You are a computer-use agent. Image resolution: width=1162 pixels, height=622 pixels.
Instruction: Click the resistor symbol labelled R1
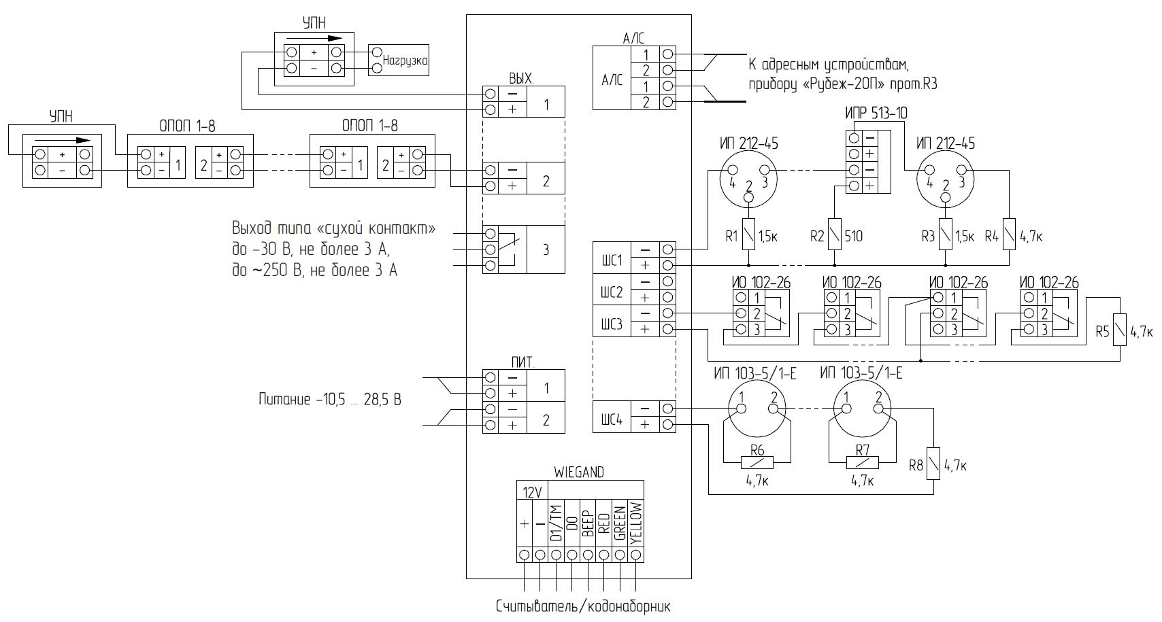click(x=748, y=235)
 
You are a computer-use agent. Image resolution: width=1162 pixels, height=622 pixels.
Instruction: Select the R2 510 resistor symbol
click(x=833, y=235)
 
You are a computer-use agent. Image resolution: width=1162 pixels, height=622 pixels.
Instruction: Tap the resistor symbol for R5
click(x=1120, y=330)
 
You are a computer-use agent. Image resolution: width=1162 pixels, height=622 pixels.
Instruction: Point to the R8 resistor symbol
click(x=933, y=464)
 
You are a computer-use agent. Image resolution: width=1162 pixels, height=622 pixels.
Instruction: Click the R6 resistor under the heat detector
click(x=757, y=462)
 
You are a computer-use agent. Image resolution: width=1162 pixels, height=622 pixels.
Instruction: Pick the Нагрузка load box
click(x=399, y=60)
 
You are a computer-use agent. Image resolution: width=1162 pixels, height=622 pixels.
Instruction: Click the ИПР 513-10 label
click(x=876, y=113)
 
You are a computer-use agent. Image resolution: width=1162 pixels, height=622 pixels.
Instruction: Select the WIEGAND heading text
click(x=579, y=472)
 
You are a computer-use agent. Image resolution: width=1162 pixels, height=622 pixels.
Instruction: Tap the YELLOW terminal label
click(x=636, y=523)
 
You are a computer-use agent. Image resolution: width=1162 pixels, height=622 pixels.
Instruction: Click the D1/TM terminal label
click(x=556, y=523)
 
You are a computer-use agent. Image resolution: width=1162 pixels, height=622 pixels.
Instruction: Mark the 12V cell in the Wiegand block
click(x=532, y=492)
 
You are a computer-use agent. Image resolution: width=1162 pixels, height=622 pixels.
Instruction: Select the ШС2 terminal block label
click(x=612, y=292)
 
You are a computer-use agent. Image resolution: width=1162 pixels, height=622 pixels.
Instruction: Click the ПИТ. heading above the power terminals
click(x=522, y=362)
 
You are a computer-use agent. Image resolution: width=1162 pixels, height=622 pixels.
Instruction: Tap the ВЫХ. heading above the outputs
click(x=521, y=78)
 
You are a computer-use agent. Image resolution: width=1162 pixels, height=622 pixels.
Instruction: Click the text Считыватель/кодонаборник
click(x=583, y=606)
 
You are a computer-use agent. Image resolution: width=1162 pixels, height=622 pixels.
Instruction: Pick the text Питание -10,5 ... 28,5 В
click(x=330, y=400)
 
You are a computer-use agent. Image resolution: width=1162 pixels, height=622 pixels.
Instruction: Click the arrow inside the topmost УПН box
click(x=314, y=38)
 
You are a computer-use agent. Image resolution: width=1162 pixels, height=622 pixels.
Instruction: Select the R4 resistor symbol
click(x=1009, y=235)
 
